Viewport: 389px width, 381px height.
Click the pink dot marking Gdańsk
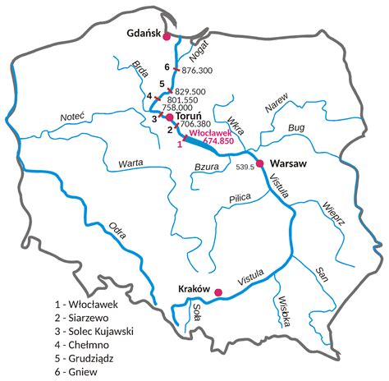pyautogui.click(x=167, y=37)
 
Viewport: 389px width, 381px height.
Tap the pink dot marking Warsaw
pyautogui.click(x=260, y=164)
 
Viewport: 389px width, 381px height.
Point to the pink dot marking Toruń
pyautogui.click(x=169, y=117)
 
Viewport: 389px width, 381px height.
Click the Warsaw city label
pyautogui.click(x=287, y=164)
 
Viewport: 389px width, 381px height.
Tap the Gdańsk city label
pyautogui.click(x=144, y=34)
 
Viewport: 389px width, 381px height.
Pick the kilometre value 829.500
pyautogui.click(x=190, y=90)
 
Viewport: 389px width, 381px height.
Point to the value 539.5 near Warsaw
pyautogui.click(x=245, y=168)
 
